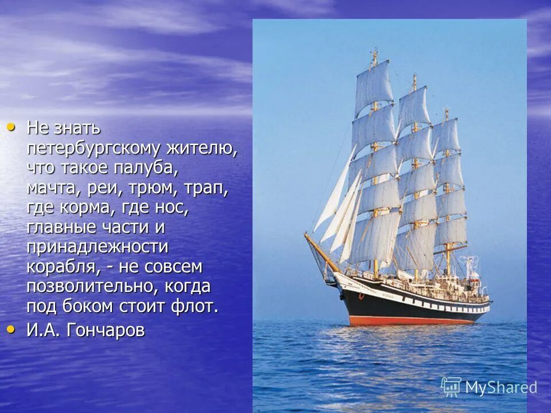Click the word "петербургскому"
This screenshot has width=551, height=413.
(x=94, y=148)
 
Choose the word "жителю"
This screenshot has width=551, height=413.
(x=201, y=148)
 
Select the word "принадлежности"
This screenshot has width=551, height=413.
(x=97, y=247)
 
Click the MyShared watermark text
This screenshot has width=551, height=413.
(x=500, y=387)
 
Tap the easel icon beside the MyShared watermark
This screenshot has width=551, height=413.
(x=451, y=387)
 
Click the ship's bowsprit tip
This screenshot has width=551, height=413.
(x=306, y=235)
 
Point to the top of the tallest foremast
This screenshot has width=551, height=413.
(x=375, y=53)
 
